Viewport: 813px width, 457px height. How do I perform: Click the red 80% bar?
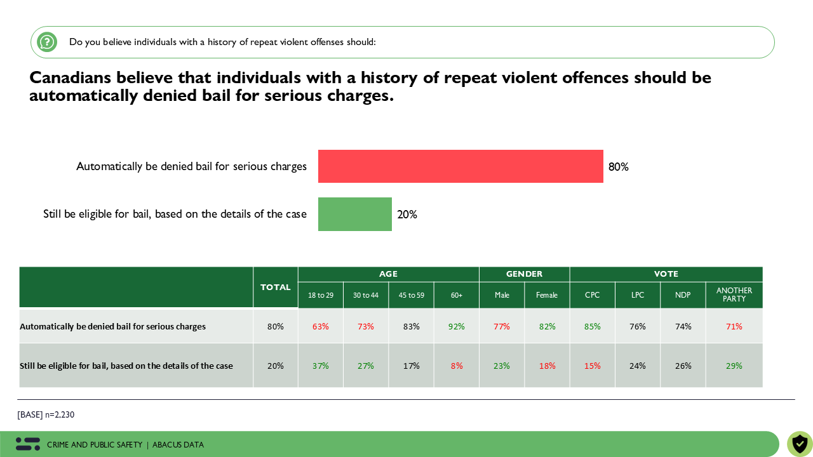point(460,166)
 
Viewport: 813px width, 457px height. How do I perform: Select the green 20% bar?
point(355,214)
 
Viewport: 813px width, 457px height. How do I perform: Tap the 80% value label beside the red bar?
point(618,167)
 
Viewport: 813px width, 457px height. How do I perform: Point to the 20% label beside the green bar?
point(407,215)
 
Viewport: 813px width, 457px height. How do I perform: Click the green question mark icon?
point(47,42)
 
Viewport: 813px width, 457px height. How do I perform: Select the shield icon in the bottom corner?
point(800,444)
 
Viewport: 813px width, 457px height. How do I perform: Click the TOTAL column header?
point(276,288)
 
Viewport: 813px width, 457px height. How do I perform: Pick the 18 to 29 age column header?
point(321,295)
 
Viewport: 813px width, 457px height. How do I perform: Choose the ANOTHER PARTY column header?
point(734,295)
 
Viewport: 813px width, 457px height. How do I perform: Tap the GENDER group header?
point(524,274)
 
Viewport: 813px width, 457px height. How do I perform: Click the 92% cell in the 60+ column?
point(457,326)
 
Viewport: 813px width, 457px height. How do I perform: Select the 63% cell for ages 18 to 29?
point(321,326)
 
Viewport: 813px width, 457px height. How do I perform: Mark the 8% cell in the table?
point(457,366)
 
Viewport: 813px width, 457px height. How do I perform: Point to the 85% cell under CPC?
point(592,326)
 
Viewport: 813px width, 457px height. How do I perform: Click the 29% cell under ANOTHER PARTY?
point(734,366)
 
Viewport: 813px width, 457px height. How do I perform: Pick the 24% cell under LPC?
point(638,366)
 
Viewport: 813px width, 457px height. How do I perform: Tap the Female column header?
point(547,295)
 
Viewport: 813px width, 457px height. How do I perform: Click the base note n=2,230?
point(46,414)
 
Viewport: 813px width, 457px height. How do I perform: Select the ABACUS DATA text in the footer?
point(178,445)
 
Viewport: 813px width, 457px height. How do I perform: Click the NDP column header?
point(683,295)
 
